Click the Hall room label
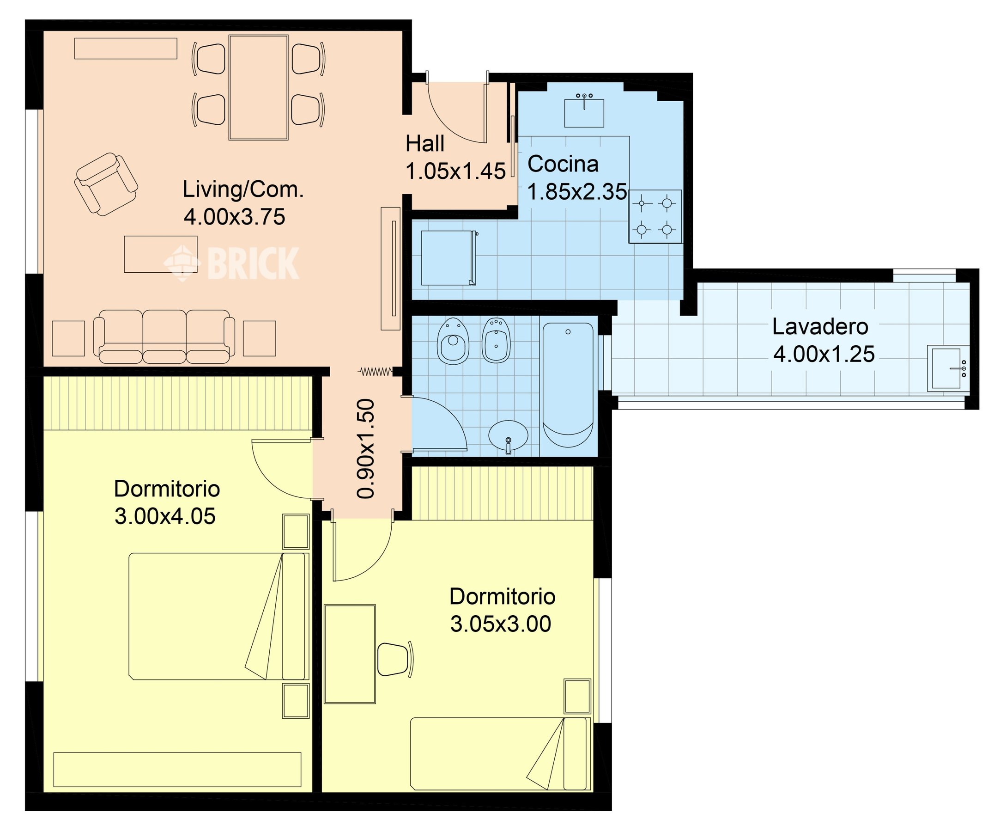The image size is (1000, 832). coord(425,144)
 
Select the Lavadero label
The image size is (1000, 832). coord(820,327)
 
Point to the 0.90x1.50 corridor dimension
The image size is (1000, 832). coord(366,448)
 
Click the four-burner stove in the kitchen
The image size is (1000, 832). coord(655,216)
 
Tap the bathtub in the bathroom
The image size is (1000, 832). coord(568,385)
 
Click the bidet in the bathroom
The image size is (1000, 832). coord(496,340)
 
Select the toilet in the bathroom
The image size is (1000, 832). coord(453,341)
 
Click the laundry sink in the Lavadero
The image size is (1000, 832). coord(948,368)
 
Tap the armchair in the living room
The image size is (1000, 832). coord(106,184)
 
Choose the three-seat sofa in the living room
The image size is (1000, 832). coord(164,336)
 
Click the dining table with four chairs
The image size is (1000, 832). coord(259,87)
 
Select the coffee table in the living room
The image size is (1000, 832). coord(160,254)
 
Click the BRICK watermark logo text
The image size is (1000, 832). coord(253,263)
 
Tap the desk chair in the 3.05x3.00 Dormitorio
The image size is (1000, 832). coord(395,659)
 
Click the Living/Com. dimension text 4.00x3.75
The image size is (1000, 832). coord(234,217)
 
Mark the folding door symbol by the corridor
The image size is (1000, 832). coord(376,371)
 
